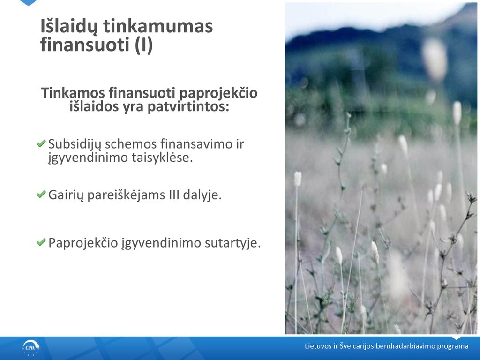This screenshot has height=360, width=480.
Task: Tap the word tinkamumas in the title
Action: (158, 26)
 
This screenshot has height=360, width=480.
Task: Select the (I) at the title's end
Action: (143, 45)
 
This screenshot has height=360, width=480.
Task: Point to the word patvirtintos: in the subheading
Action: (188, 107)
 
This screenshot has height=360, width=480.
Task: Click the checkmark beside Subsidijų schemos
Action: (41, 143)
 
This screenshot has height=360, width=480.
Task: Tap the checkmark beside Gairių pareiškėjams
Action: (41, 194)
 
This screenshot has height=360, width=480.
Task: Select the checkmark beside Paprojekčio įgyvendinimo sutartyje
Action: (41, 242)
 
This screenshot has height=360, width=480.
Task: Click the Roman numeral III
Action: (174, 195)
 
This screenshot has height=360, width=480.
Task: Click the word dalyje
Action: (202, 195)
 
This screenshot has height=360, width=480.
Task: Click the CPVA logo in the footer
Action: (31, 348)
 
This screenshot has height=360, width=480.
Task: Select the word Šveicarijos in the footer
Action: (357, 346)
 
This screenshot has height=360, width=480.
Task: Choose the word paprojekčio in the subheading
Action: (218, 93)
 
